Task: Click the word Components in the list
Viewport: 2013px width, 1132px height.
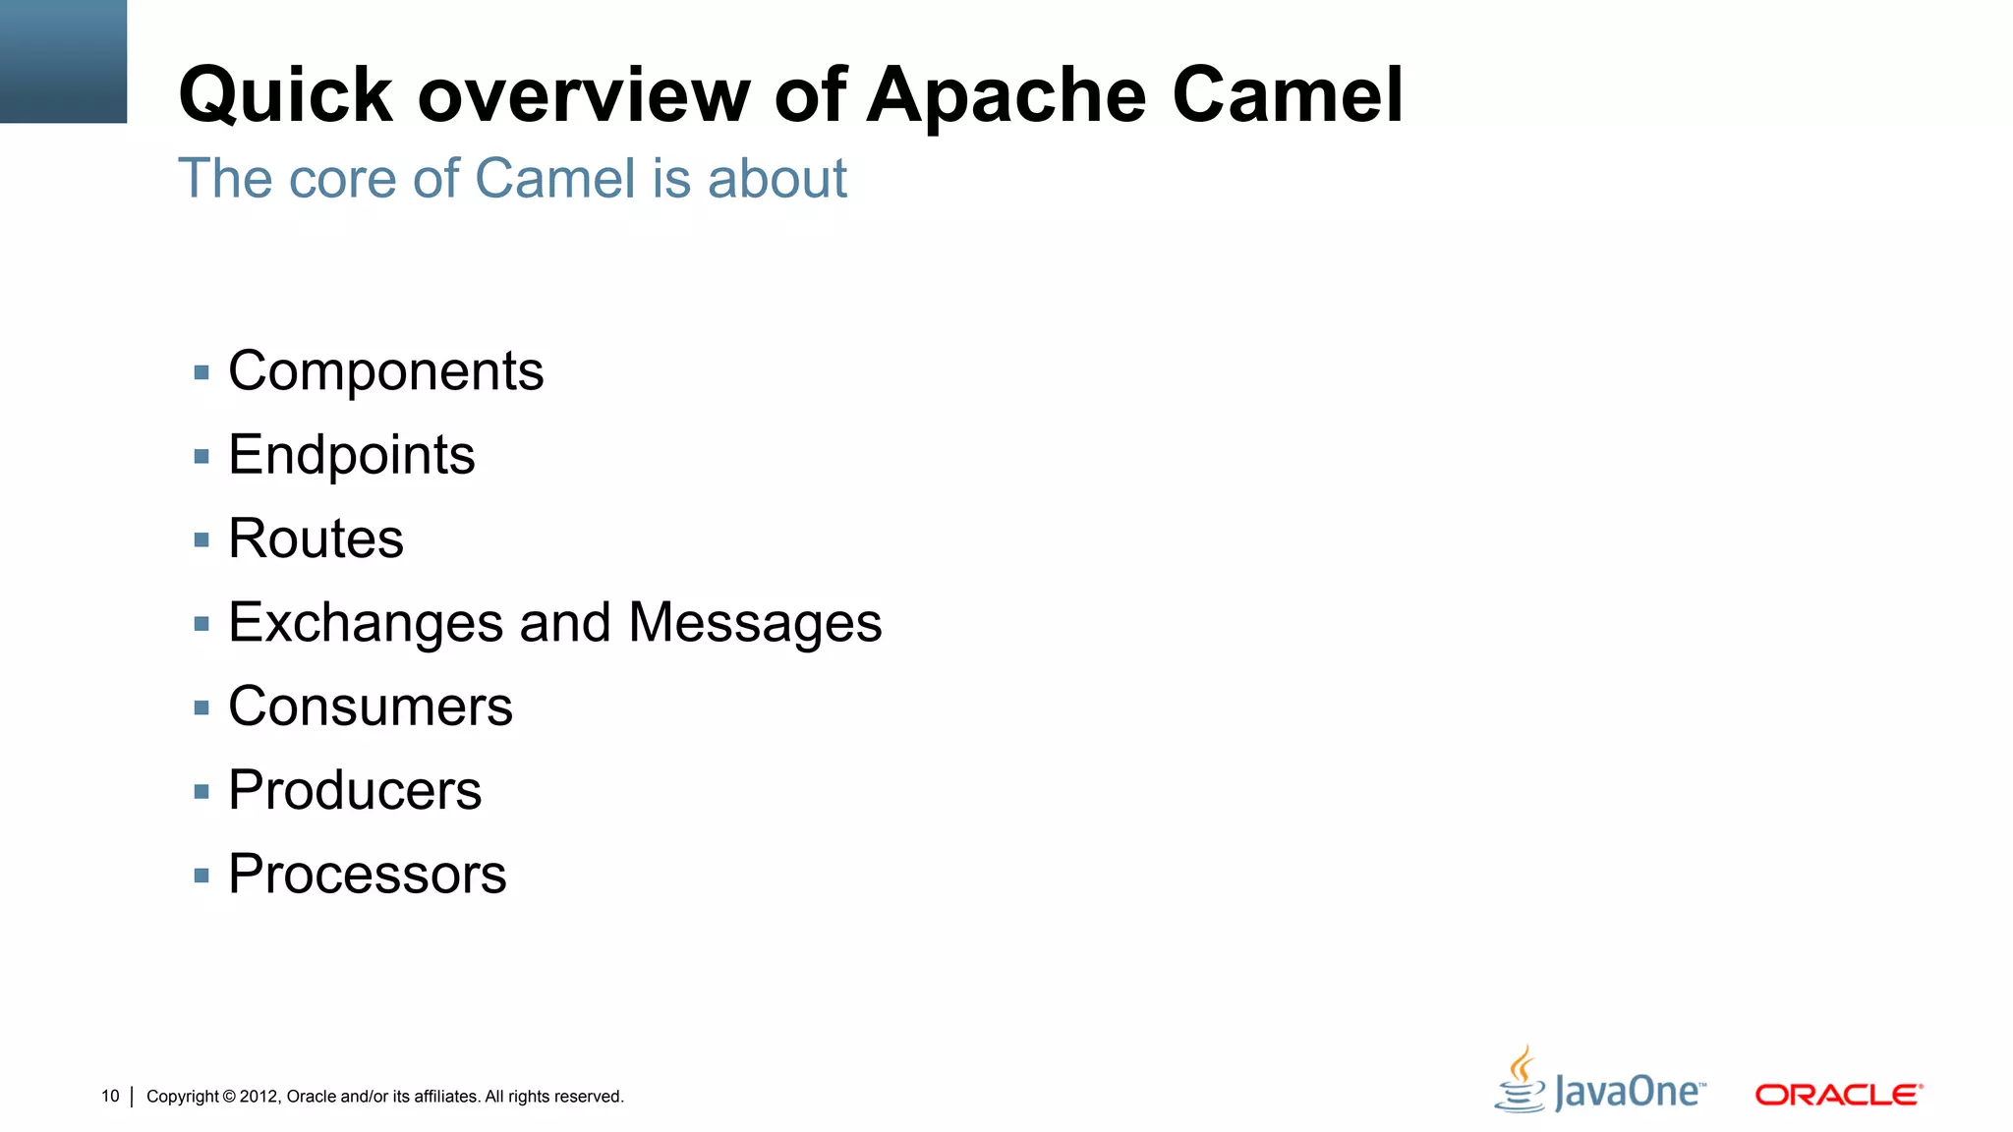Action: click(x=385, y=371)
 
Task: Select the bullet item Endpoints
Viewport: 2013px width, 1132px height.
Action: click(x=351, y=455)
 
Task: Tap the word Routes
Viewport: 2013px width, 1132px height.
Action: click(x=316, y=538)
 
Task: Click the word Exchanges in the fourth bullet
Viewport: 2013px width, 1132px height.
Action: click(x=366, y=623)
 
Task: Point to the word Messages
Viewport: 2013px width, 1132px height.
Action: click(x=755, y=623)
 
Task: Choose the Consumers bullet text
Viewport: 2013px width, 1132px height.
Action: click(x=370, y=707)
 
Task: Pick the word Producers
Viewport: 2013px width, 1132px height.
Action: click(x=355, y=790)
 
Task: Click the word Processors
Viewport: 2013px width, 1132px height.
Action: click(x=367, y=874)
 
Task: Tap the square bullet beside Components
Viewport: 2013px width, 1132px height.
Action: click(x=201, y=372)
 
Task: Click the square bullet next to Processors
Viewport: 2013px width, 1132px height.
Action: click(x=201, y=876)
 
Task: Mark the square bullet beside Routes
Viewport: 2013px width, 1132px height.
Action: click(x=201, y=539)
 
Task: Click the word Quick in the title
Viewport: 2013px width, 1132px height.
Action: click(x=286, y=95)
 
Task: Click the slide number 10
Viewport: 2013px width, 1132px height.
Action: click(x=110, y=1096)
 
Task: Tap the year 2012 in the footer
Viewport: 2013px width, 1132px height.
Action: click(x=259, y=1097)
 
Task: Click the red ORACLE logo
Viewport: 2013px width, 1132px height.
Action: click(x=1838, y=1095)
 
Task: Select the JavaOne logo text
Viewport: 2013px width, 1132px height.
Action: click(x=1629, y=1093)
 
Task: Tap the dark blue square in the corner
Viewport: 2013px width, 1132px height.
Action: click(x=63, y=61)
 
